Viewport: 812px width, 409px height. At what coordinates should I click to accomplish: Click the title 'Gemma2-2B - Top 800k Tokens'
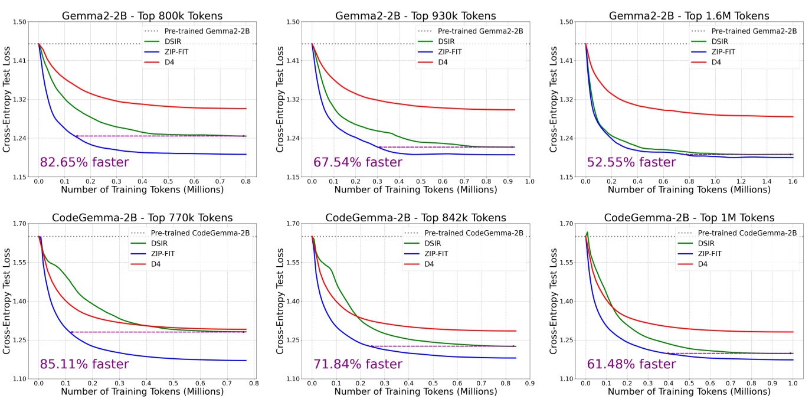click(x=142, y=16)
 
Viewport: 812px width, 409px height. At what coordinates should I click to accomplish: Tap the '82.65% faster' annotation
click(x=84, y=162)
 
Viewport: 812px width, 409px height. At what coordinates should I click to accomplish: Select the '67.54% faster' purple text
click(x=358, y=162)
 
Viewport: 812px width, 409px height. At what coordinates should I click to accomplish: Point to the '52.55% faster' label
click(x=631, y=162)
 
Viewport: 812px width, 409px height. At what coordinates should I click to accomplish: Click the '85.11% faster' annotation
click(x=84, y=364)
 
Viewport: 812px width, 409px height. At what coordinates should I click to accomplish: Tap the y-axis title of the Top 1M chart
click(x=554, y=301)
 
